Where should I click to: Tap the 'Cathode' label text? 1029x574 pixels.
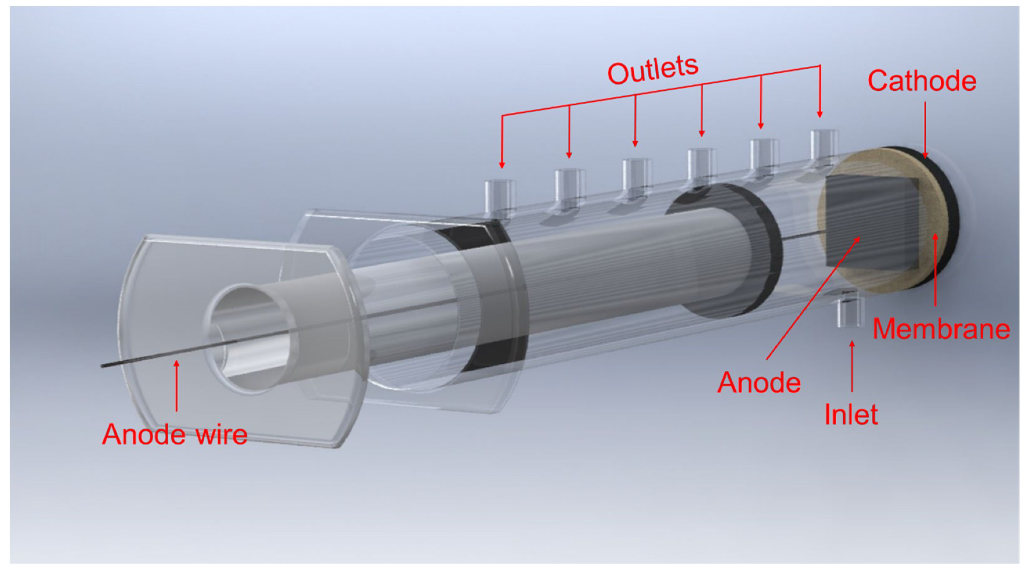[x=922, y=81]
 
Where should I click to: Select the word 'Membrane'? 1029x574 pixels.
[x=941, y=329]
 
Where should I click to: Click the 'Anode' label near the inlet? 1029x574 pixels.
[x=759, y=383]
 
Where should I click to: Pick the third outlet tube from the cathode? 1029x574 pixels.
[x=701, y=165]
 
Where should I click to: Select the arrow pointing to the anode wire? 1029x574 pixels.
[x=176, y=386]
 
